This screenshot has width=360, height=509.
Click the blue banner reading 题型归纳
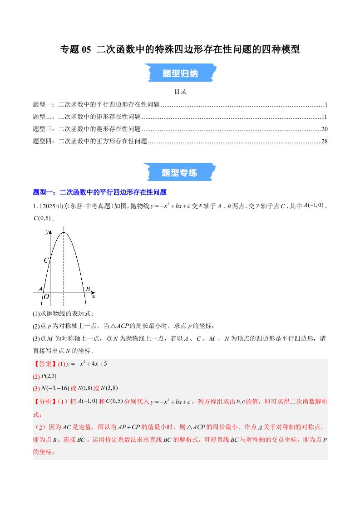tap(180, 73)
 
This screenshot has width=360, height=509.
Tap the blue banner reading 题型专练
tap(180, 173)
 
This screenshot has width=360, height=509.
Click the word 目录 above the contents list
tap(180, 92)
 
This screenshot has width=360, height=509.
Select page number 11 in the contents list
tap(324, 117)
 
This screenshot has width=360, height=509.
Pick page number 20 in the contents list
tap(324, 129)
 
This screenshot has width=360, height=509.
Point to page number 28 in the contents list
tap(324, 141)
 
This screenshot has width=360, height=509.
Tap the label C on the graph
tap(45, 260)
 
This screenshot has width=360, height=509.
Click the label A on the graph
tap(40, 289)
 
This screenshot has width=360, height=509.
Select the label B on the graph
tap(88, 289)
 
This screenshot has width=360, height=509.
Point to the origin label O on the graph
tap(46, 297)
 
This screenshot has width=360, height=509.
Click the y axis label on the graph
tap(47, 232)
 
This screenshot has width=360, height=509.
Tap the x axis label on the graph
tap(93, 297)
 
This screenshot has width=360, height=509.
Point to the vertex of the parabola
tap(64, 233)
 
